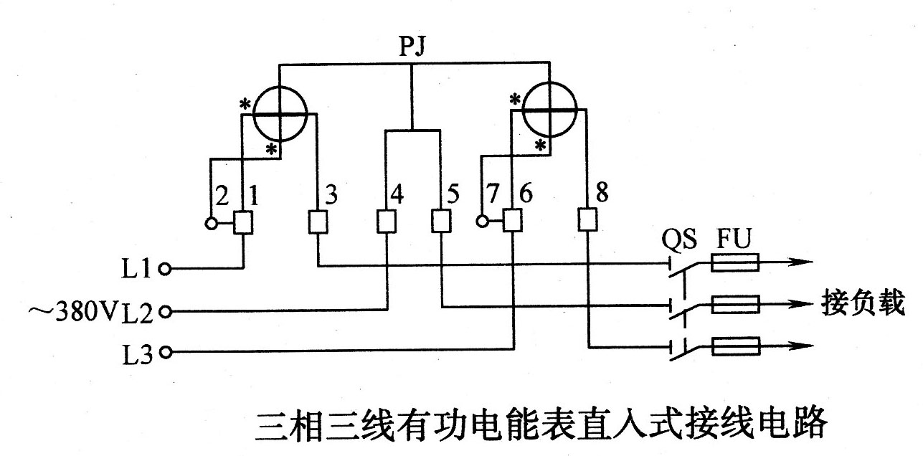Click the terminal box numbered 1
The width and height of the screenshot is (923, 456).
pos(243,223)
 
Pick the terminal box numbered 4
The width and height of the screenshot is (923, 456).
pos(386,223)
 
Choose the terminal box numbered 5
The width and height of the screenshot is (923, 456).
pos(441,223)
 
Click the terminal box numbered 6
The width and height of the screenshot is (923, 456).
pos(512,222)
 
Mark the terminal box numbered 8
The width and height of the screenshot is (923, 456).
pos(588,221)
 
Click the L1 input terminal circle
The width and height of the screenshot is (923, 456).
pos(166,270)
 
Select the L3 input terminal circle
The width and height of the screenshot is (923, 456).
pos(166,352)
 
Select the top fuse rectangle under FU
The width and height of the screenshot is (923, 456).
pos(735,264)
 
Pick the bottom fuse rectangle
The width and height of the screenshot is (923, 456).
pos(735,348)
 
